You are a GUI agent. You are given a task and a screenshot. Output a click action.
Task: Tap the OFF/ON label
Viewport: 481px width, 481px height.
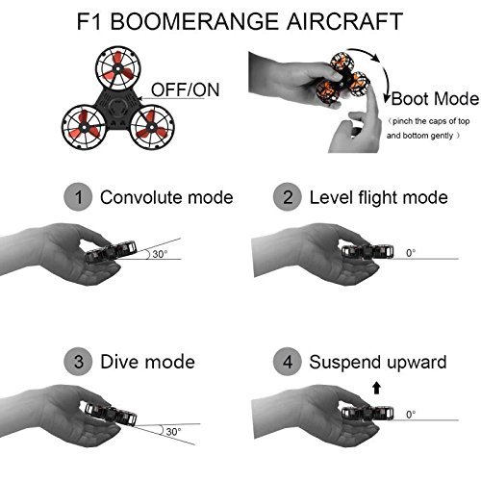[185, 89]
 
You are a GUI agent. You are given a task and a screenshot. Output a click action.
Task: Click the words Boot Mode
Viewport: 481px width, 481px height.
[435, 98]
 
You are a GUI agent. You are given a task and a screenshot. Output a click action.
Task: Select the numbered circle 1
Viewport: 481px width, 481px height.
[78, 197]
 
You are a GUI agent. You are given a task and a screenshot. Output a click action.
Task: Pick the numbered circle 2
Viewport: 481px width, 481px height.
[288, 197]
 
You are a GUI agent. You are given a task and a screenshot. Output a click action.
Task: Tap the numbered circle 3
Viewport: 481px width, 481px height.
[78, 362]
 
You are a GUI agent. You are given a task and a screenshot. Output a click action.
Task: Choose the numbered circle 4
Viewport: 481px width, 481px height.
[288, 362]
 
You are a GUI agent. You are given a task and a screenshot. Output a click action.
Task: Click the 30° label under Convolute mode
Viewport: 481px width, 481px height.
[160, 254]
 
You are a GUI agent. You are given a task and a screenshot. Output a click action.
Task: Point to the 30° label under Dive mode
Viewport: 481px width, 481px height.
[173, 432]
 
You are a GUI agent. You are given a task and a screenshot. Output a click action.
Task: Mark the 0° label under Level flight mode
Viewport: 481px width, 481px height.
[411, 253]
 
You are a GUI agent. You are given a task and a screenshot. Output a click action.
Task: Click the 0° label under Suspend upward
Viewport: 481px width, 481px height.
[411, 415]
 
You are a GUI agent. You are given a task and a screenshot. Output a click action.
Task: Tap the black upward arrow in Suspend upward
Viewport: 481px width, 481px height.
[376, 388]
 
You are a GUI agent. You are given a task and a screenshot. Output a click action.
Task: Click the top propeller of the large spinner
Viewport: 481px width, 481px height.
[117, 68]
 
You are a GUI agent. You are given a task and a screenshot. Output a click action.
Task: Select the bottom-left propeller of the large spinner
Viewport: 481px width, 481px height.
[84, 127]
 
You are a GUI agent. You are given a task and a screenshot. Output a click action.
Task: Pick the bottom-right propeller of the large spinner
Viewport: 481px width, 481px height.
[152, 127]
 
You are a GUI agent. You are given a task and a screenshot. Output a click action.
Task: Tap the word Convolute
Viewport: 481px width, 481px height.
[140, 197]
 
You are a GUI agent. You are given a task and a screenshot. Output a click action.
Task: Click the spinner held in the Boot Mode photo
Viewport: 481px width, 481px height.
[343, 78]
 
